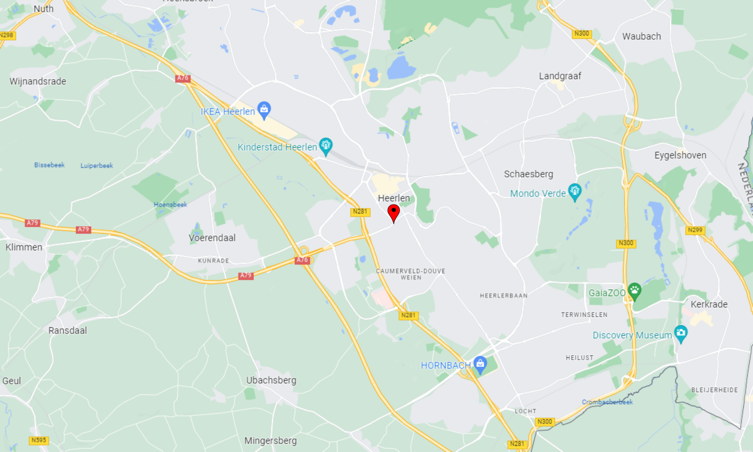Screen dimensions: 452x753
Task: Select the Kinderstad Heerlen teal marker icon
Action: pyautogui.click(x=326, y=145)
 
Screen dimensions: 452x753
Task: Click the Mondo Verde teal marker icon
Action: pyautogui.click(x=575, y=191)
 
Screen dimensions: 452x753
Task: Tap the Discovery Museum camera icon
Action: pyautogui.click(x=681, y=333)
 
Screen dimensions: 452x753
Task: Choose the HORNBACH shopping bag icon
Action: pyautogui.click(x=480, y=364)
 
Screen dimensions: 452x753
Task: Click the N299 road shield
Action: pyautogui.click(x=695, y=230)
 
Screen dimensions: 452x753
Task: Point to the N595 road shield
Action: pyautogui.click(x=39, y=440)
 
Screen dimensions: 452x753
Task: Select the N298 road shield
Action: pyautogui.click(x=7, y=35)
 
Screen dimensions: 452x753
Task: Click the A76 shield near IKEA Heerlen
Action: pyautogui.click(x=183, y=78)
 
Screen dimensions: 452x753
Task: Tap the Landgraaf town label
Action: pyautogui.click(x=560, y=76)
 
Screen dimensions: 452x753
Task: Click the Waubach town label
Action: pyautogui.click(x=641, y=37)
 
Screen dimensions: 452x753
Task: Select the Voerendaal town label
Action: pyautogui.click(x=212, y=238)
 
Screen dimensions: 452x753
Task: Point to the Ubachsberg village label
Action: pyautogui.click(x=271, y=380)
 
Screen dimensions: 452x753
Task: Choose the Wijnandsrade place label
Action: pyautogui.click(x=38, y=81)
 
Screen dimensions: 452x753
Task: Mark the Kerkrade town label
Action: pyautogui.click(x=709, y=304)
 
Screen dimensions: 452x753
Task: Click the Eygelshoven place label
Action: pyautogui.click(x=680, y=155)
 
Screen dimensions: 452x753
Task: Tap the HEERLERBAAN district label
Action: pyautogui.click(x=503, y=296)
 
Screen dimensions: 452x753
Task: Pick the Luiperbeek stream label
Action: pyautogui.click(x=96, y=166)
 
